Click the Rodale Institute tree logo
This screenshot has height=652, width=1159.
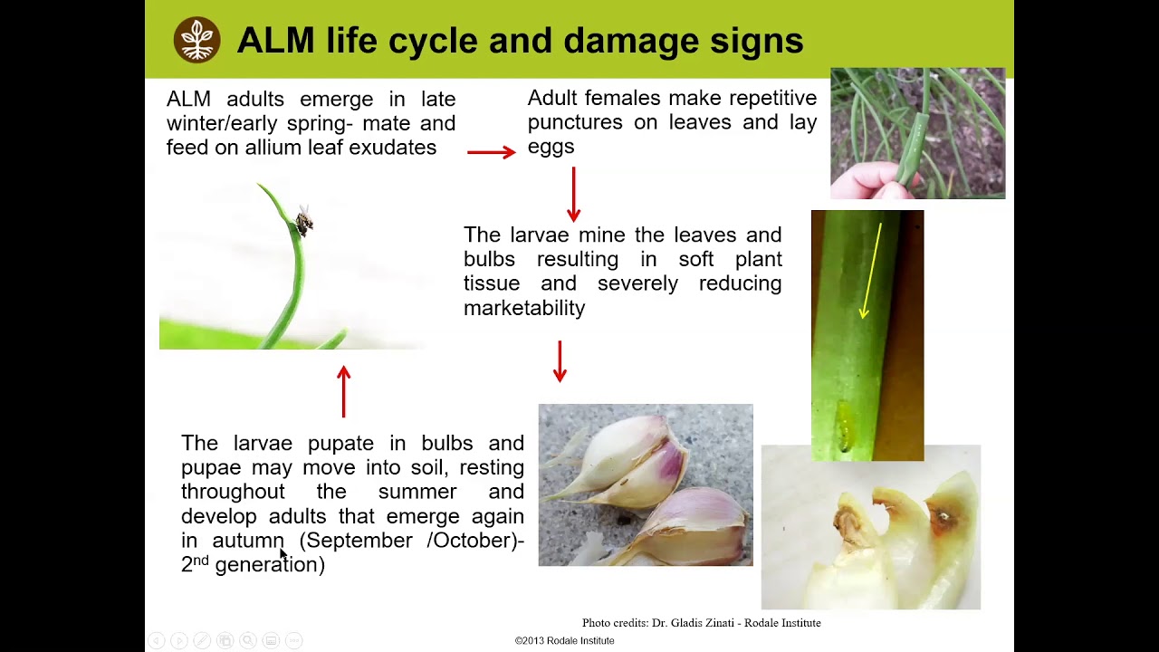(x=196, y=40)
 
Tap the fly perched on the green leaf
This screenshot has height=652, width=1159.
(x=303, y=220)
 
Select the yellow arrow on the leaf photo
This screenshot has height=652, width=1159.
(x=871, y=271)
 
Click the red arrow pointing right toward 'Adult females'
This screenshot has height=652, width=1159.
(x=491, y=152)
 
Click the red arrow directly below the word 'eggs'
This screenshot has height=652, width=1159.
(x=573, y=194)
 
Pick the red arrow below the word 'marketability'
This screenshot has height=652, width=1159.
(x=560, y=360)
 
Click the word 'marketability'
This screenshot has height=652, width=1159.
(x=524, y=308)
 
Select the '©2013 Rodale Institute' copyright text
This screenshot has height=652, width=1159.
(x=564, y=641)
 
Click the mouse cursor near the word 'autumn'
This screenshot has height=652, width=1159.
(x=283, y=553)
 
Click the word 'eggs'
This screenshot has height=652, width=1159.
(x=551, y=147)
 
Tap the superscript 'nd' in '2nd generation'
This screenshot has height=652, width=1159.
(x=201, y=561)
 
